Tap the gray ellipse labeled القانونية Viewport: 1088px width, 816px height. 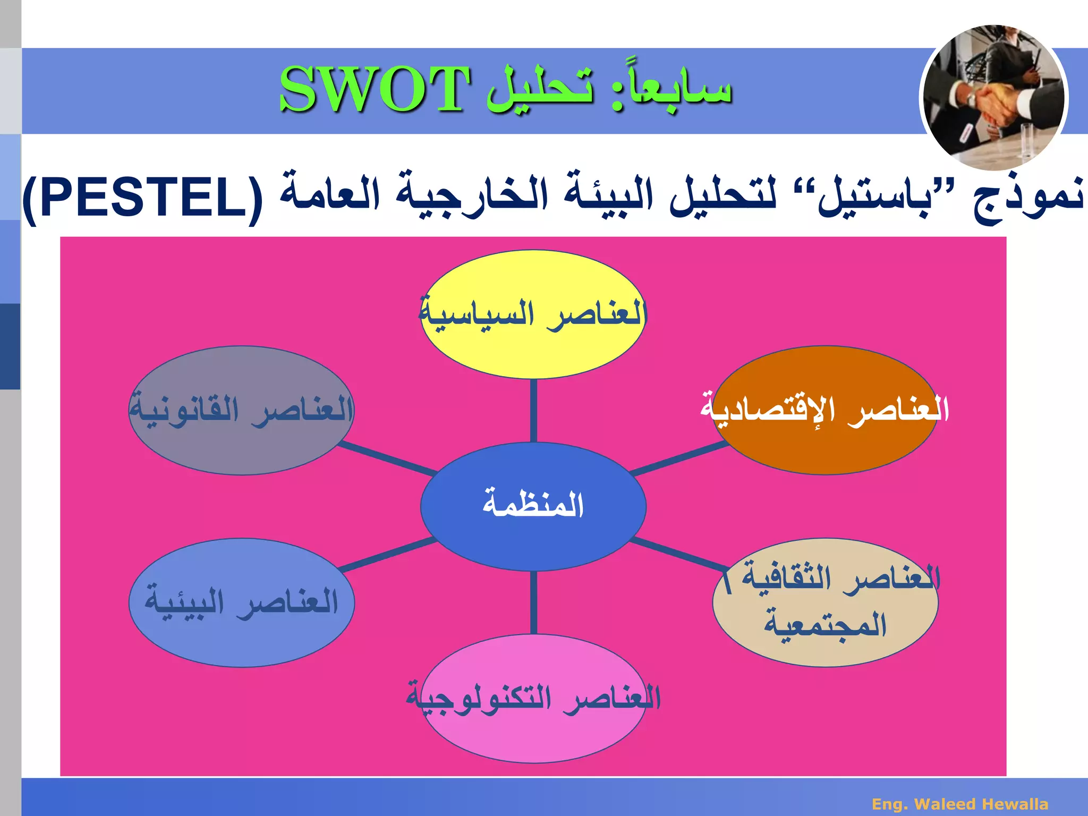242,446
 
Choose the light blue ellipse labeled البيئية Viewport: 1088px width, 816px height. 242,637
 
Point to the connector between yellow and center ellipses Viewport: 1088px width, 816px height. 533,410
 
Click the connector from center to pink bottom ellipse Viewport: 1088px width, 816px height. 533,602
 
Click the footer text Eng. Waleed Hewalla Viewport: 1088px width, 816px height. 960,804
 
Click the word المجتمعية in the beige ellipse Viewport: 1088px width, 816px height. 825,625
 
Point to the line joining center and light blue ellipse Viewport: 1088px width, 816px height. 388,555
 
